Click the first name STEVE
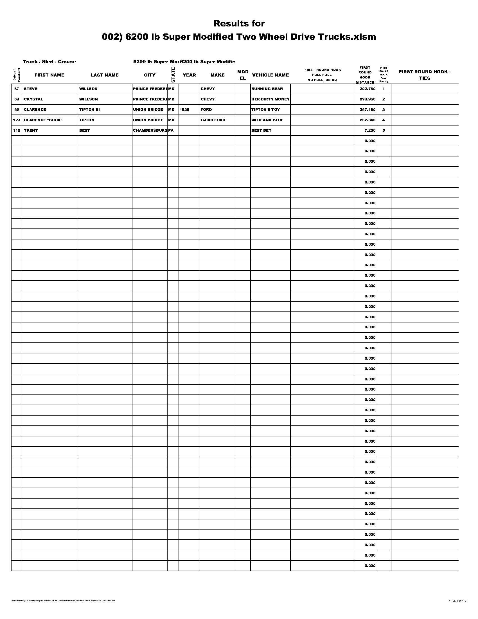point(31,89)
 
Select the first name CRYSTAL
point(33,99)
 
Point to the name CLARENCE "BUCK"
point(43,120)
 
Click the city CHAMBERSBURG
point(150,130)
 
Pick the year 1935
point(184,110)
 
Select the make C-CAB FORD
point(213,120)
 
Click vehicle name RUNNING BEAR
point(267,89)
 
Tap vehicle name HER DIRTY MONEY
point(270,99)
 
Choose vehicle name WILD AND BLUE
point(267,120)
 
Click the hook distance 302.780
point(367,89)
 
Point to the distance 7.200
point(370,130)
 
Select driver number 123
point(16,120)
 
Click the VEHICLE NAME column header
point(270,75)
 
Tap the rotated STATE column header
point(173,75)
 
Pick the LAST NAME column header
point(105,75)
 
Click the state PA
point(171,130)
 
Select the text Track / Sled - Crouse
point(49,62)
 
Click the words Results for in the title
point(239,24)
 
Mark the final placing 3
point(384,110)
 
